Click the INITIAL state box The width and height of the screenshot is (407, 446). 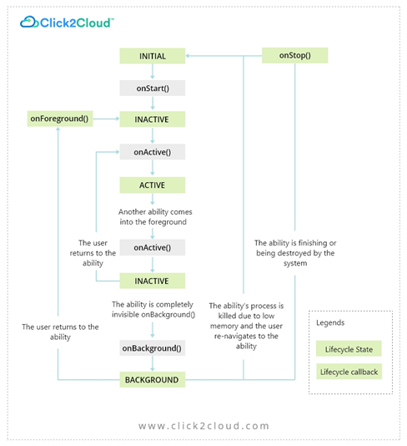[152, 56]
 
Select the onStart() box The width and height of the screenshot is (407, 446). [152, 88]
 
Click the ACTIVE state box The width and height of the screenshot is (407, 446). [152, 185]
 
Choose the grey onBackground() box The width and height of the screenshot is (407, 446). [152, 347]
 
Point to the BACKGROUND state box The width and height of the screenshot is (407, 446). [152, 379]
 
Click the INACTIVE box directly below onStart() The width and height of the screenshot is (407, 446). [152, 119]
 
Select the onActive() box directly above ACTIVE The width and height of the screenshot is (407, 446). [152, 152]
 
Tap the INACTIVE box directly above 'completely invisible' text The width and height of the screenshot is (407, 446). [152, 281]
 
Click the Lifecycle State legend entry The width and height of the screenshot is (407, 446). [349, 348]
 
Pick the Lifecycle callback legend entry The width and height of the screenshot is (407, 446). [350, 372]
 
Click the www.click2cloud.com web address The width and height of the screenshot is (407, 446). [203, 426]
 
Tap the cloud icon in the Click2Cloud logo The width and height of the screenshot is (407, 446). [31, 23]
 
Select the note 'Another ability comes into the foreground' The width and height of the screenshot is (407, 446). [152, 217]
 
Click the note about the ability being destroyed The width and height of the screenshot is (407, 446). [294, 253]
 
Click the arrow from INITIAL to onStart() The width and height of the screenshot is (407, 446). [152, 72]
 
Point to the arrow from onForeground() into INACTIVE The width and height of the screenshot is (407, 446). [104, 119]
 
